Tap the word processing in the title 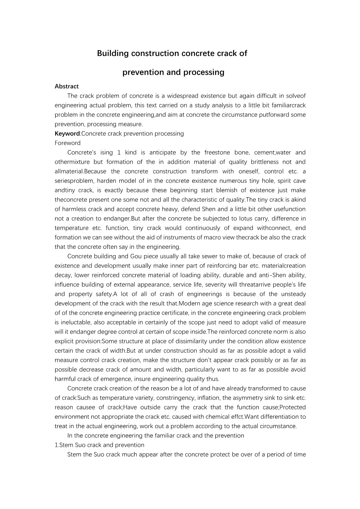pyautogui.click(x=206, y=72)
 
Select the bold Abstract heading pyautogui.click(x=66, y=86)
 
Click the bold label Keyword pyautogui.click(x=67, y=134)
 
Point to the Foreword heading pyautogui.click(x=68, y=143)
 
